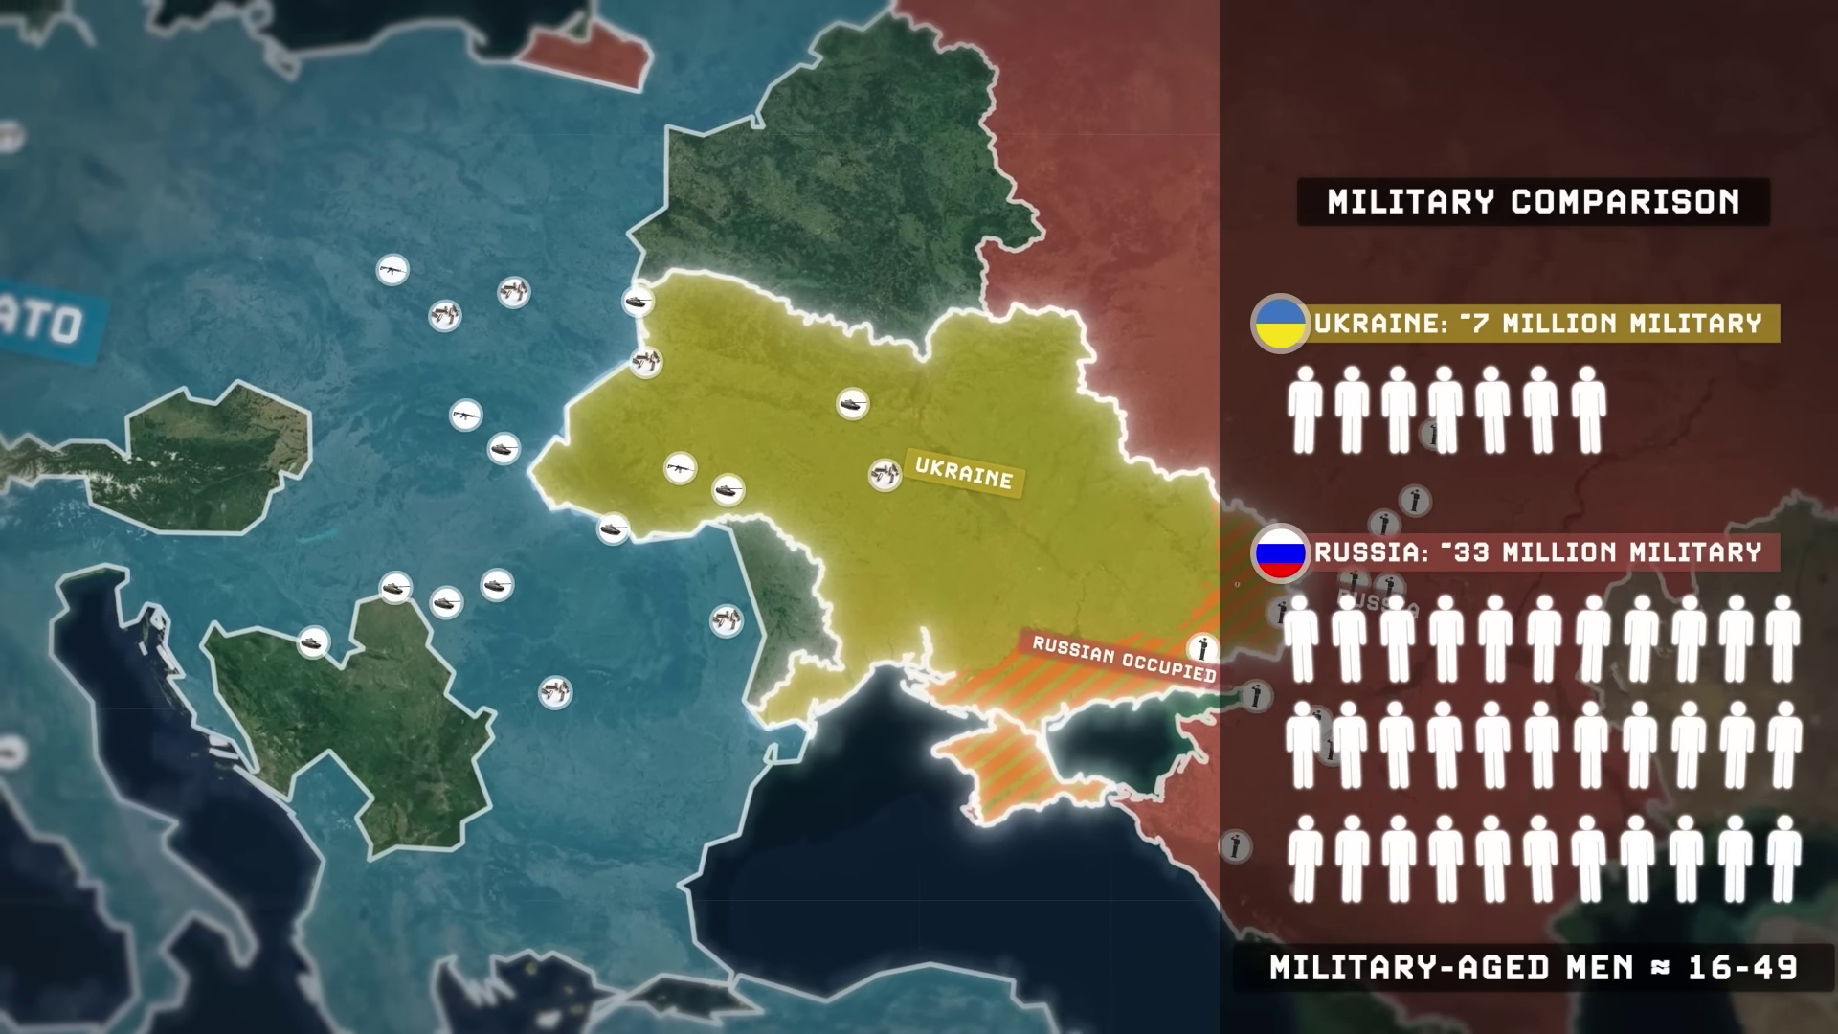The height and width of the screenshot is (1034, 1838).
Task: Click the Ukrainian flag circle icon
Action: pos(1281,324)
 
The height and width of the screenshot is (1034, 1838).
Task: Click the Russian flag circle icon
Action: pos(1281,553)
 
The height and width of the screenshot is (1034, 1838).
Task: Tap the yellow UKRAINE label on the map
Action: pos(963,473)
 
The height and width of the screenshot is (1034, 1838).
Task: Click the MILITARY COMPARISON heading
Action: pos(1533,202)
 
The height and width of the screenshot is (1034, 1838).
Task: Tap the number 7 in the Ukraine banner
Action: pos(1483,324)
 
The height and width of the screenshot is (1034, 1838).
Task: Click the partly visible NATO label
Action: pos(48,322)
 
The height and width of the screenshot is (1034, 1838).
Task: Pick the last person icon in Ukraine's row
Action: pos(1588,410)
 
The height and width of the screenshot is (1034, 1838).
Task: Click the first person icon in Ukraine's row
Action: pos(1305,410)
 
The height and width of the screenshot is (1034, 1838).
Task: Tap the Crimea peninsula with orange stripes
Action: pos(1005,771)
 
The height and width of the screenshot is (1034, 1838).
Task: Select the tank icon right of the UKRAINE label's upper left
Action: pos(852,404)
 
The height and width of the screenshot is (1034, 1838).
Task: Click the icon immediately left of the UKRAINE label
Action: pos(885,474)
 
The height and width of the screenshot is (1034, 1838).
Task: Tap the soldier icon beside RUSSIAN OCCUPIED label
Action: pos(1202,647)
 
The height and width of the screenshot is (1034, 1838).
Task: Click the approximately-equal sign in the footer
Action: pos(1660,968)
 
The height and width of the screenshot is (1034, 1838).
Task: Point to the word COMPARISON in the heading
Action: pos(1625,202)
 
